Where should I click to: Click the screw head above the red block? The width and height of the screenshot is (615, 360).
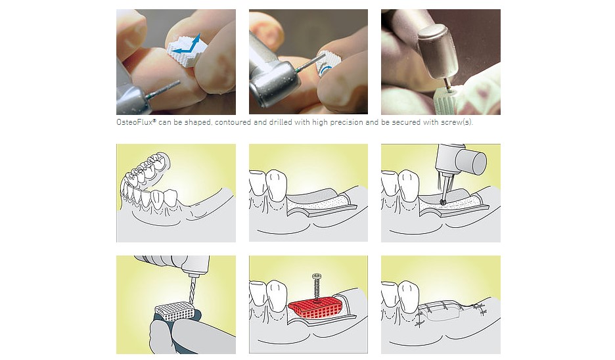(317, 276)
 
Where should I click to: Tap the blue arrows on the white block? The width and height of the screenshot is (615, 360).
(188, 44)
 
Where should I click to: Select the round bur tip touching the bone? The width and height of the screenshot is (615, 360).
(443, 202)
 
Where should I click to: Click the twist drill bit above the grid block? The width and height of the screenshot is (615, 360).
(192, 290)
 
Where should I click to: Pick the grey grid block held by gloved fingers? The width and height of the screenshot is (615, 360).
(175, 312)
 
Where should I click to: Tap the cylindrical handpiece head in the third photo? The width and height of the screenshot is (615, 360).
(438, 52)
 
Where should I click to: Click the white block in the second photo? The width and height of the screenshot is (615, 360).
(327, 64)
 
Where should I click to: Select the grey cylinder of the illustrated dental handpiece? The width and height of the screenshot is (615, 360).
(472, 161)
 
